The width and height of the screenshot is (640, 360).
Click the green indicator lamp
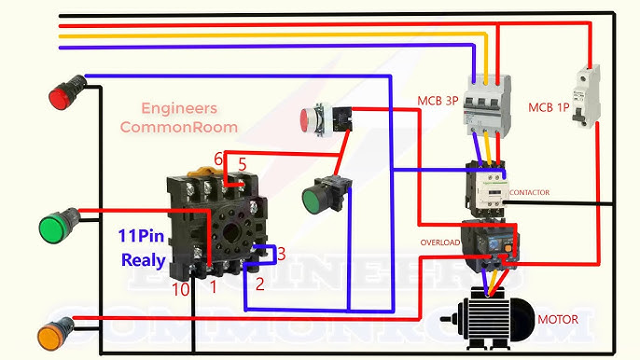click(x=53, y=227)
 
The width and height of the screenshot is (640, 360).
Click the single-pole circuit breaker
click(x=585, y=96)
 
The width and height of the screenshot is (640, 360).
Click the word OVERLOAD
click(x=439, y=242)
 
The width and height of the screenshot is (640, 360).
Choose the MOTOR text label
click(x=557, y=320)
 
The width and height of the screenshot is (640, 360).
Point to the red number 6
click(x=218, y=159)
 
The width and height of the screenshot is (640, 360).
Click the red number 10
click(x=181, y=291)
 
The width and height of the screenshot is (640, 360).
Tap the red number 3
click(x=281, y=253)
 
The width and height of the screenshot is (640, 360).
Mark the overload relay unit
click(x=487, y=245)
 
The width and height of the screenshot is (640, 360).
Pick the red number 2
click(x=260, y=284)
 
